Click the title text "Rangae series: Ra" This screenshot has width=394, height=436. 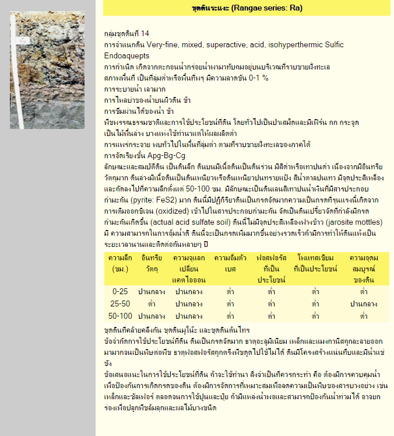tap(269, 8)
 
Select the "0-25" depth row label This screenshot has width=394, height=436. tap(119, 291)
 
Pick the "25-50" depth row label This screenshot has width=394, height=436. tap(119, 304)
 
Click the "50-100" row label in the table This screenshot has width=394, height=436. tap(119, 316)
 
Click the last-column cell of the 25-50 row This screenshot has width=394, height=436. tap(364, 304)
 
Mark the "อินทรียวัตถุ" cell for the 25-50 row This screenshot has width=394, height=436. tap(152, 304)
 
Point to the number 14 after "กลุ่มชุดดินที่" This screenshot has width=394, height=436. tap(145, 33)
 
